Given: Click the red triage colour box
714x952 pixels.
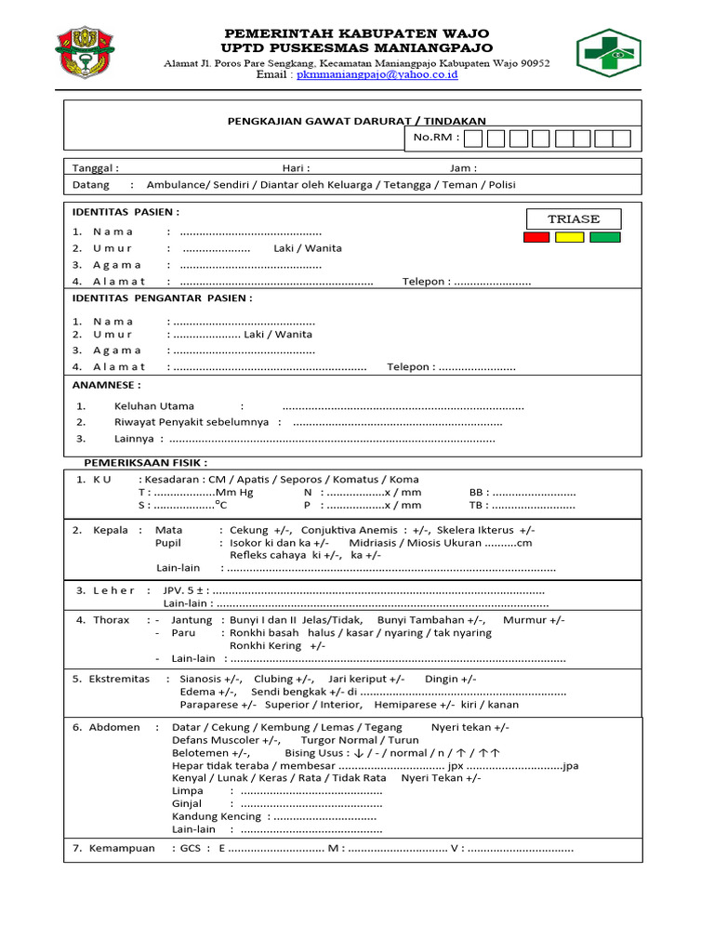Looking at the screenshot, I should click(x=536, y=237).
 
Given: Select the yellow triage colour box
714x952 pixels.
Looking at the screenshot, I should click(x=570, y=237).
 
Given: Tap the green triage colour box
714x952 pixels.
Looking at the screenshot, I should click(x=604, y=237).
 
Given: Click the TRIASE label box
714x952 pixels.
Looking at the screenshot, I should click(x=573, y=219).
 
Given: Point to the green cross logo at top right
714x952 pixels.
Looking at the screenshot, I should click(x=608, y=51).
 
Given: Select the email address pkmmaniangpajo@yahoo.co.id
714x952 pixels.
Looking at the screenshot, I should click(x=377, y=75).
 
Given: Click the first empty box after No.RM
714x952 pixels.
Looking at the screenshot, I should click(x=473, y=139).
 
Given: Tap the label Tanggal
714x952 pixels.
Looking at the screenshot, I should click(x=95, y=168).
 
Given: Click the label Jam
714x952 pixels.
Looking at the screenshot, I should click(x=462, y=168).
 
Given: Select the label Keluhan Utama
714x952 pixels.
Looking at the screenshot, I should click(x=154, y=406).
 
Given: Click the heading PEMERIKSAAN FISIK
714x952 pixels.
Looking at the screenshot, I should click(x=146, y=462).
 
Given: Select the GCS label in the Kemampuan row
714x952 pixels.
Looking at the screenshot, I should click(x=191, y=849).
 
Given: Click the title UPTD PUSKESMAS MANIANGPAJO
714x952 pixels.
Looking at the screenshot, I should click(x=357, y=47).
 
